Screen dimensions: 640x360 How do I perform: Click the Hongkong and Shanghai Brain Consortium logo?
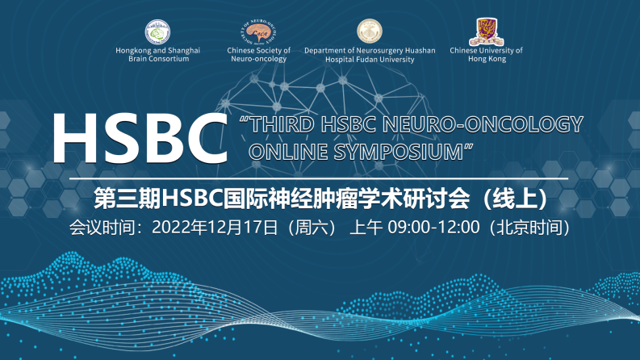[157, 31]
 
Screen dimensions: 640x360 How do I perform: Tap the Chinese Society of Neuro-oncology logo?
[259, 31]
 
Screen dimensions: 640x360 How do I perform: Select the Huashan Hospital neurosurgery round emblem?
[370, 31]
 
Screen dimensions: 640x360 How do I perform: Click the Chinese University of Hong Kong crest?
[487, 31]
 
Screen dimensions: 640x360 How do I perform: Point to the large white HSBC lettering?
[140, 138]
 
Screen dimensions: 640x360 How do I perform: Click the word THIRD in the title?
[282, 124]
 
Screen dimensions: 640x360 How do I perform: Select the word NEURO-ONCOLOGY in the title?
[483, 124]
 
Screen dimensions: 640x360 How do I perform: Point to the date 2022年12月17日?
[215, 228]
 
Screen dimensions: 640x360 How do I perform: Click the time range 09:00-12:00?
[433, 228]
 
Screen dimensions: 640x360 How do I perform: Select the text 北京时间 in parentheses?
[529, 228]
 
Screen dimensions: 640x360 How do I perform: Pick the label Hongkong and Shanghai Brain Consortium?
[158, 55]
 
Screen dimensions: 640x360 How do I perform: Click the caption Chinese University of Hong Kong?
[486, 55]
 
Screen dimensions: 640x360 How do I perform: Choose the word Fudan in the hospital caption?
[370, 60]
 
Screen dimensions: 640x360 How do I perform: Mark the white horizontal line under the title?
[319, 178]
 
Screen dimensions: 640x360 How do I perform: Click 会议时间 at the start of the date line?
[102, 228]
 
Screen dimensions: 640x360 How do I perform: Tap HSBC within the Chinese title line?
[192, 199]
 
